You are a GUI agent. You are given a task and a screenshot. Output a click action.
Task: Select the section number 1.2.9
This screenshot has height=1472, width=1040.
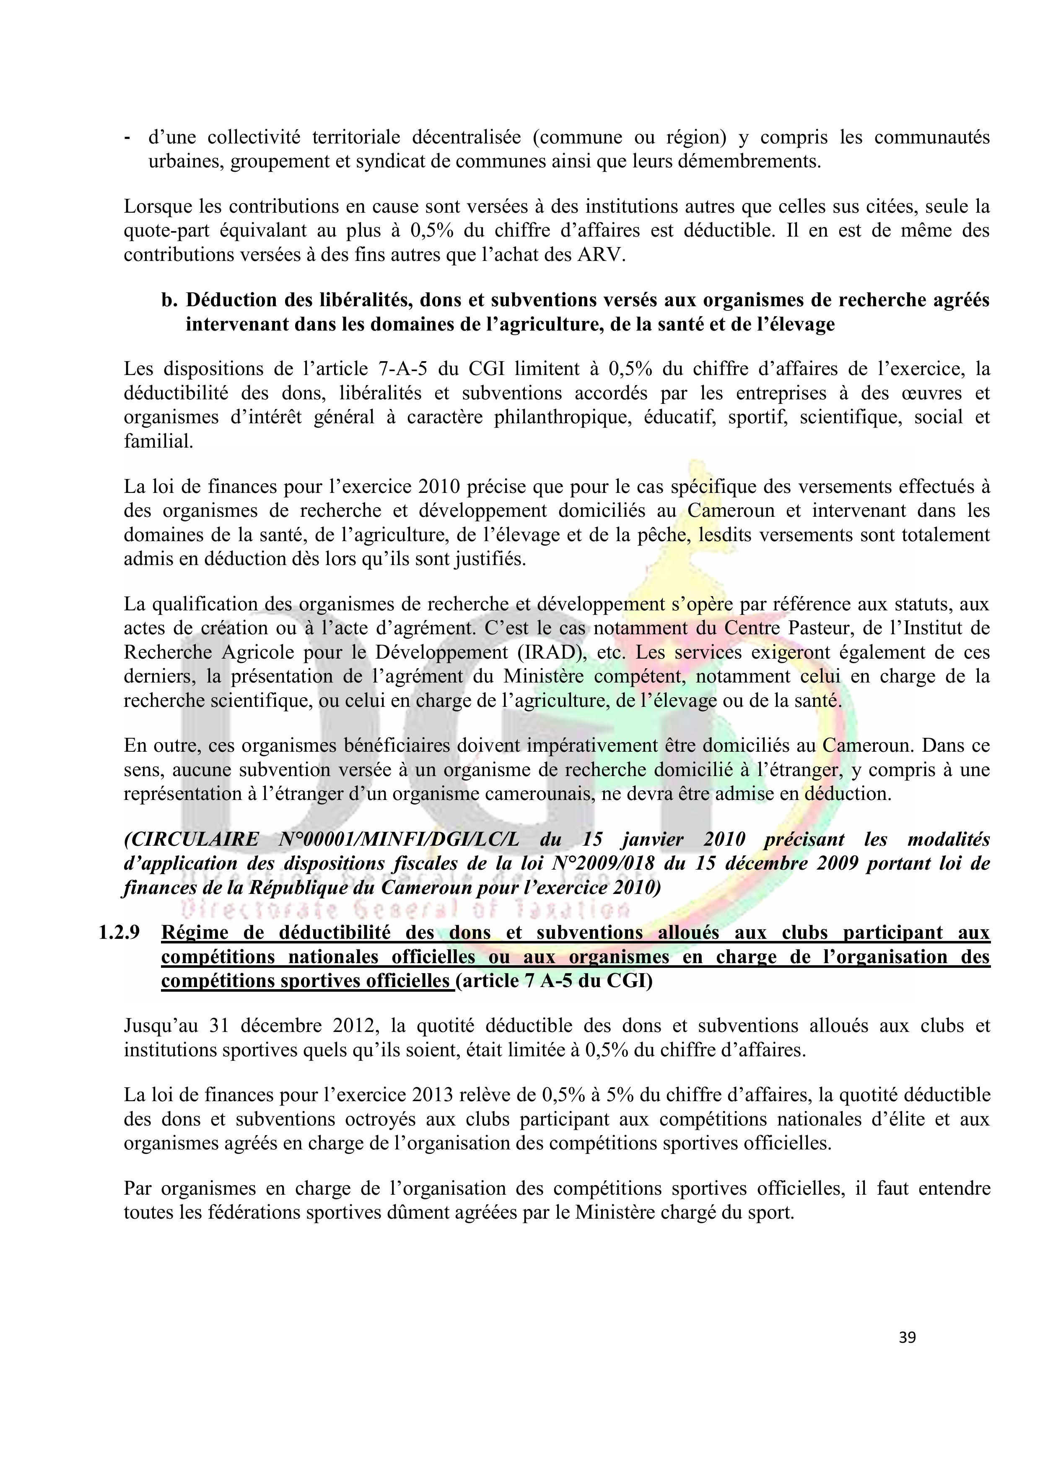[x=119, y=933]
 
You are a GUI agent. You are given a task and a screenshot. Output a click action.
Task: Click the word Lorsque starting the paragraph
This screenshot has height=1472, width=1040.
[x=158, y=207]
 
